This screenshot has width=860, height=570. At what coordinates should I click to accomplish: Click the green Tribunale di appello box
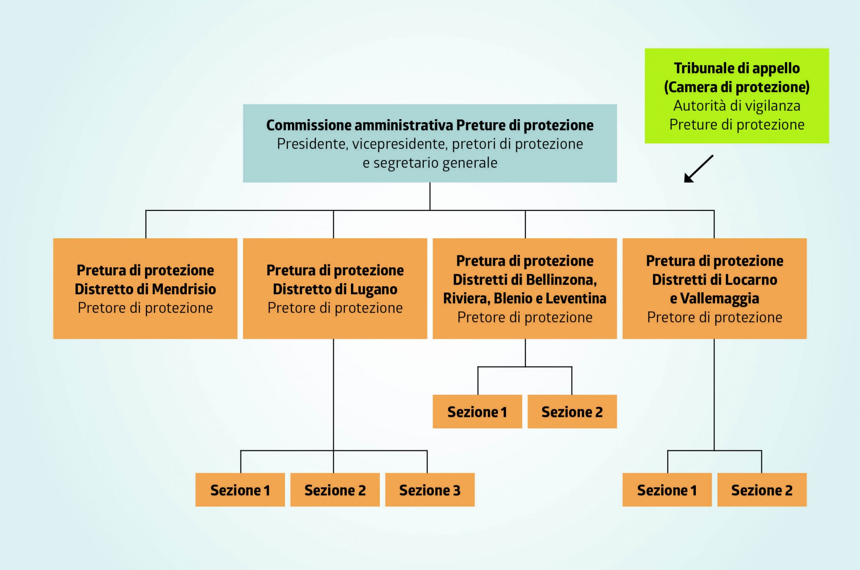pos(737,96)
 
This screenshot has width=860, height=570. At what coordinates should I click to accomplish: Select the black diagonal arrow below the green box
pos(698,169)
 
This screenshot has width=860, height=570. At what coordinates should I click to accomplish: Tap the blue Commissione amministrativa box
pos(430,143)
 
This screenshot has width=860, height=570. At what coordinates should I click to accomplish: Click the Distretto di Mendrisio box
pos(145,288)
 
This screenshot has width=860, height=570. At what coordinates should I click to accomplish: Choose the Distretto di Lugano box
pos(335,288)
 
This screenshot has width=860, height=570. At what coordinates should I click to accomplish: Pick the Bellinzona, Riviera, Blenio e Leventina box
pos(525,288)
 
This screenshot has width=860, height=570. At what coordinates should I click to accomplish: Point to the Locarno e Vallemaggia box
pos(714,288)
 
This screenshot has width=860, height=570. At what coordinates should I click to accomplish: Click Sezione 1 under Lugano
pos(240,490)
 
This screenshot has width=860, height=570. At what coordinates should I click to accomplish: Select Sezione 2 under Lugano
pos(335,490)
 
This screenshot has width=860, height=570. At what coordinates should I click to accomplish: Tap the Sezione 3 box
pos(430,490)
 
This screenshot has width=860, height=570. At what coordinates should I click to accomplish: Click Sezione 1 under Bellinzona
pos(477,412)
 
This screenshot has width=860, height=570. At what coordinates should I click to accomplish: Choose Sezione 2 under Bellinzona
pos(572,412)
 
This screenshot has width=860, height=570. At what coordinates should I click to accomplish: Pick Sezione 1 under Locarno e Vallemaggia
pos(667,490)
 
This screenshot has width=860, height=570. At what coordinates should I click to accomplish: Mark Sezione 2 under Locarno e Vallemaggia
pos(762,490)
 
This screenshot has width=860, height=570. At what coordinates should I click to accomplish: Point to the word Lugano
pos(374,289)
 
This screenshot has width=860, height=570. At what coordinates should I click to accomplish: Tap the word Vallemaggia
pos(719,299)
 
